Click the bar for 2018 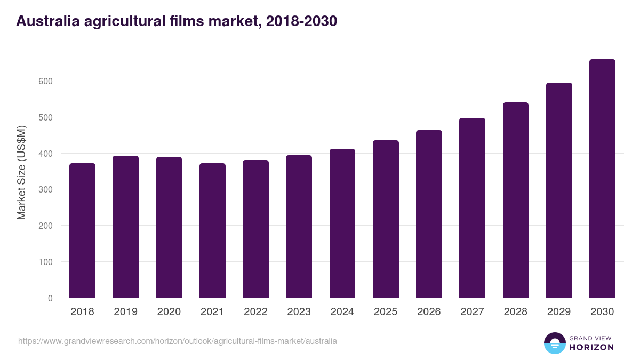[82, 230]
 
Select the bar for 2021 [212, 230]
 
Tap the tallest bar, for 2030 [602, 179]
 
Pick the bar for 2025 [386, 219]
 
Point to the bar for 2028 [516, 200]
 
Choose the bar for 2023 [299, 227]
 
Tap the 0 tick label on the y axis [50, 298]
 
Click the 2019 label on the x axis [125, 312]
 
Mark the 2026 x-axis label [429, 312]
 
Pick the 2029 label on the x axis [559, 312]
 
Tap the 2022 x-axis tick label [255, 312]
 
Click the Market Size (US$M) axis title [21, 172]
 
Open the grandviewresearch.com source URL [178, 341]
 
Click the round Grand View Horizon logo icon [554, 343]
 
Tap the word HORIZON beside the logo [591, 347]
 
